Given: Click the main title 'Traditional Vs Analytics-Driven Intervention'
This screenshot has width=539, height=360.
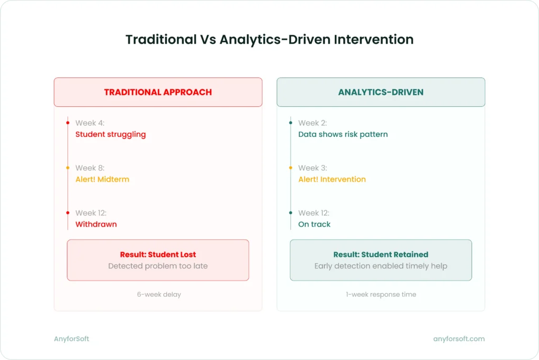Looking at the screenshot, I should pos(269,39).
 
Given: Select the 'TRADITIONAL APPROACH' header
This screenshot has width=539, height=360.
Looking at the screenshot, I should pos(158,92).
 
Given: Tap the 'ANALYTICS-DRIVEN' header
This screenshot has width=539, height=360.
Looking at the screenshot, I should pos(381,92).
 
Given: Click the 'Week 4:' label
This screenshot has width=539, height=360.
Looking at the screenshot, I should pos(89,123).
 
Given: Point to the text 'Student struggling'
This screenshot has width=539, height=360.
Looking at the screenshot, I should pos(111,134).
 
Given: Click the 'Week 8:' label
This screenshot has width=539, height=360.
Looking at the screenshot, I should pos(90,168).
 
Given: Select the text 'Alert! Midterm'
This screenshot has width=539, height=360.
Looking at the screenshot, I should pos(102,179).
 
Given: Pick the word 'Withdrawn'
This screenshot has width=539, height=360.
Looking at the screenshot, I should pos(96,224).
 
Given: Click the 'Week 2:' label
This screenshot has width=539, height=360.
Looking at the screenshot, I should pos(312,123).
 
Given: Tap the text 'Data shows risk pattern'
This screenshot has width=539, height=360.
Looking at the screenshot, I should pos(343,134).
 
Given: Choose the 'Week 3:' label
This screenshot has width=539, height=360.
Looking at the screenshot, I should pos(312,168).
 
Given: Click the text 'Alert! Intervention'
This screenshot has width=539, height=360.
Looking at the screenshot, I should pos(332,179).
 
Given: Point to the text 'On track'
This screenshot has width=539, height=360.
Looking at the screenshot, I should pos(314,224).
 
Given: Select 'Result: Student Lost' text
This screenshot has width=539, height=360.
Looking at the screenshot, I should pos(158,255).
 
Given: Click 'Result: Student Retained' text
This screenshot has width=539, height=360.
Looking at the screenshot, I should pos(381,255).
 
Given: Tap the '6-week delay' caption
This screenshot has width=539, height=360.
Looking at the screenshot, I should pos(158,295).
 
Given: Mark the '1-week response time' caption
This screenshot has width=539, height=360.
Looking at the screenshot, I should pos(381,295).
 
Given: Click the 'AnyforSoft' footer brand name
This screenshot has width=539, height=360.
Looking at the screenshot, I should pos(72,339).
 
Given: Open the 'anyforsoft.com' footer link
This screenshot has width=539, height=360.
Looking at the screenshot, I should pos(459,339).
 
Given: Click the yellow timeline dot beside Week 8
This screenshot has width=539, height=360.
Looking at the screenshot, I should pos(68,168).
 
